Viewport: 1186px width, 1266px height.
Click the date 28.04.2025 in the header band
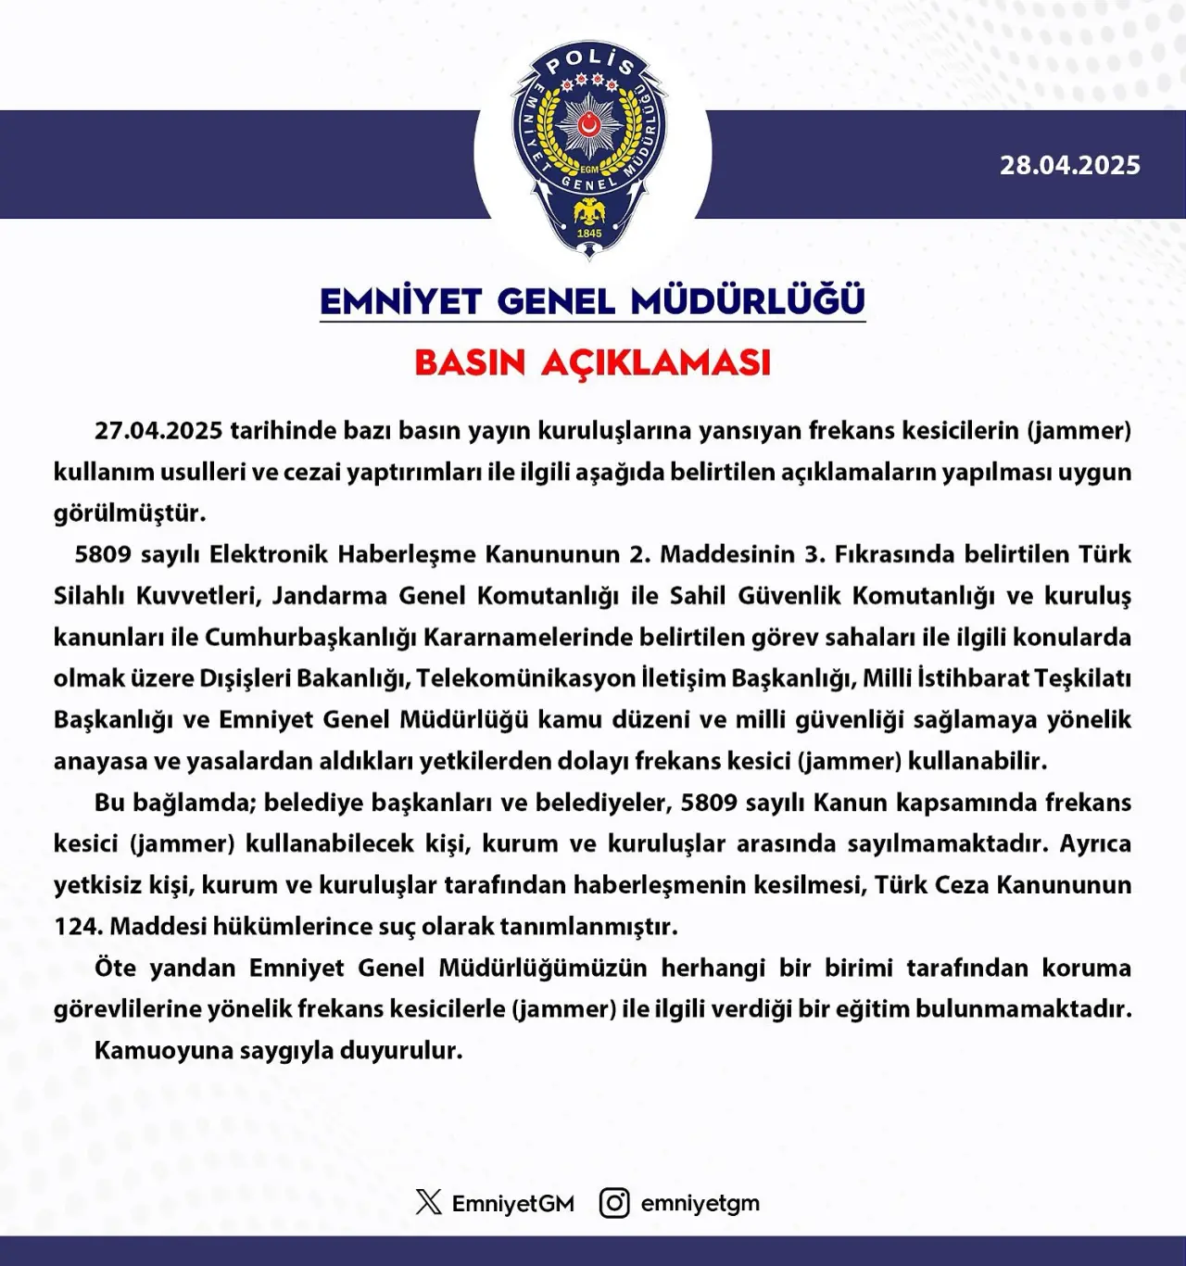[1069, 165]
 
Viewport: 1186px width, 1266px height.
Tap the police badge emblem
[590, 148]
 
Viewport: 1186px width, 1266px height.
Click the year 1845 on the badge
[589, 234]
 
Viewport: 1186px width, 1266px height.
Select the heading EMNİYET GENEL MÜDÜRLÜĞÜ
[592, 301]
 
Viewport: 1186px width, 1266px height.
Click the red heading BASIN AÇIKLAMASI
[592, 362]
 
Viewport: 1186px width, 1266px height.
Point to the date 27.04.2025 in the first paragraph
[158, 430]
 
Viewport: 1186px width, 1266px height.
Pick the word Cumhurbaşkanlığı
[311, 637]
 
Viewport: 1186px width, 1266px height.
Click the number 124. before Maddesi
[78, 926]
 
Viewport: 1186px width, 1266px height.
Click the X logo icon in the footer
[428, 1202]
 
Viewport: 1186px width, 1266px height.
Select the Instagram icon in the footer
[613, 1202]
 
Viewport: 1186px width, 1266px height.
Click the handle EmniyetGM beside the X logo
[512, 1203]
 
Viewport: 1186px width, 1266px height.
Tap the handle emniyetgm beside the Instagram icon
[700, 1203]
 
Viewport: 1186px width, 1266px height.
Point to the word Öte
[115, 968]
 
